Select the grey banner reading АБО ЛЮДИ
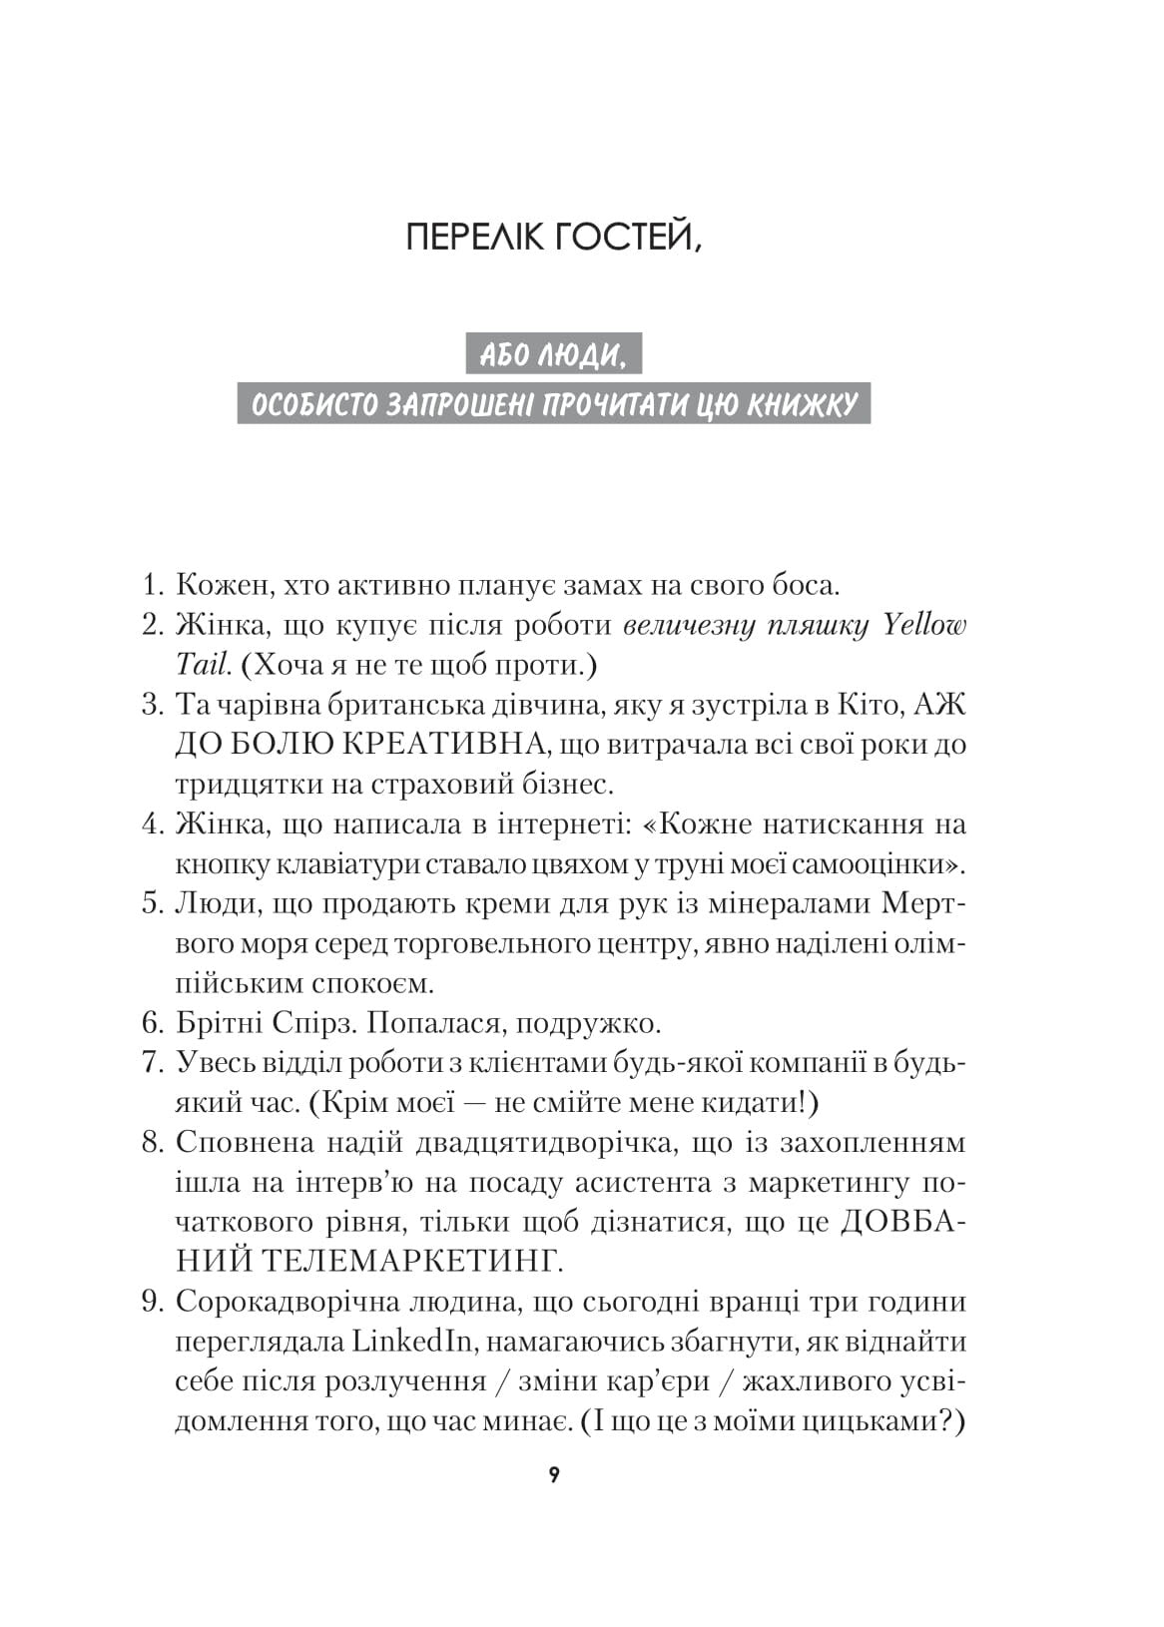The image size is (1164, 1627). pos(553,354)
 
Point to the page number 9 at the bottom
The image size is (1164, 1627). pos(554,1475)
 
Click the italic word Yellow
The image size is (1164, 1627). pos(924,625)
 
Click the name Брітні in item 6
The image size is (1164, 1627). pos(219,1023)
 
